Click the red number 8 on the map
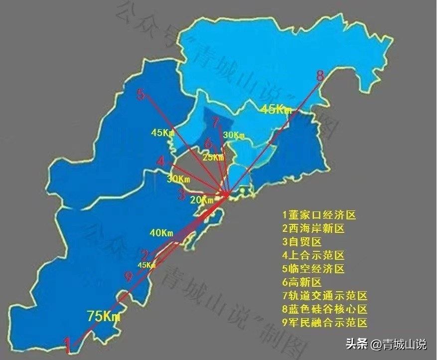point(320,76)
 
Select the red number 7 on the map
point(215,122)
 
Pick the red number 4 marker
point(160,161)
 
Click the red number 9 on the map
point(129,277)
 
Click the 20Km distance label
point(202,200)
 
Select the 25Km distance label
point(213,158)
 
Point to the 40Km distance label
point(161,233)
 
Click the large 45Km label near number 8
point(276,110)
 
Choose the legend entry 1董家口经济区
point(319,215)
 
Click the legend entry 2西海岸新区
point(313,229)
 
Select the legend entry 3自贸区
point(301,242)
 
